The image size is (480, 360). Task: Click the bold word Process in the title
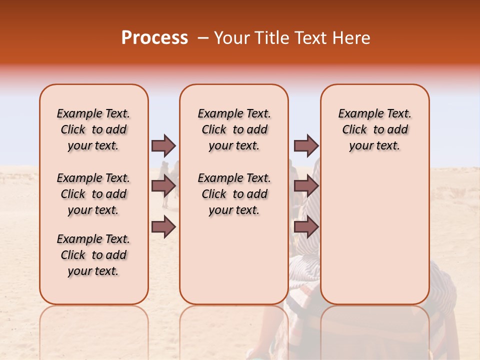coord(154,38)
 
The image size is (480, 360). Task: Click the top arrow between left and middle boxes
coord(163,145)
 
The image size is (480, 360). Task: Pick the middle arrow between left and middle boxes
coord(163,186)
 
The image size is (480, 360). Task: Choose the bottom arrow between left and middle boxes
coord(163,227)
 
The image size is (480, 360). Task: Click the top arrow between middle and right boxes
coord(306,145)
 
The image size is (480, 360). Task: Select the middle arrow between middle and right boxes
coord(306,186)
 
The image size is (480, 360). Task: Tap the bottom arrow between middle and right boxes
coord(306,227)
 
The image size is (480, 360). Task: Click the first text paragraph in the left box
coord(93,129)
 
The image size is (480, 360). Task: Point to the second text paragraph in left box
coord(93,194)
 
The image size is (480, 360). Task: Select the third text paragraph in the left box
coord(93,255)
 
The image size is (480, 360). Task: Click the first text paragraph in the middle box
coord(234,129)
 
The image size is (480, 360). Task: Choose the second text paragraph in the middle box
coord(234,194)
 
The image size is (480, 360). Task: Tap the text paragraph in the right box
coord(374,129)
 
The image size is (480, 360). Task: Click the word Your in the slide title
coord(232,38)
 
